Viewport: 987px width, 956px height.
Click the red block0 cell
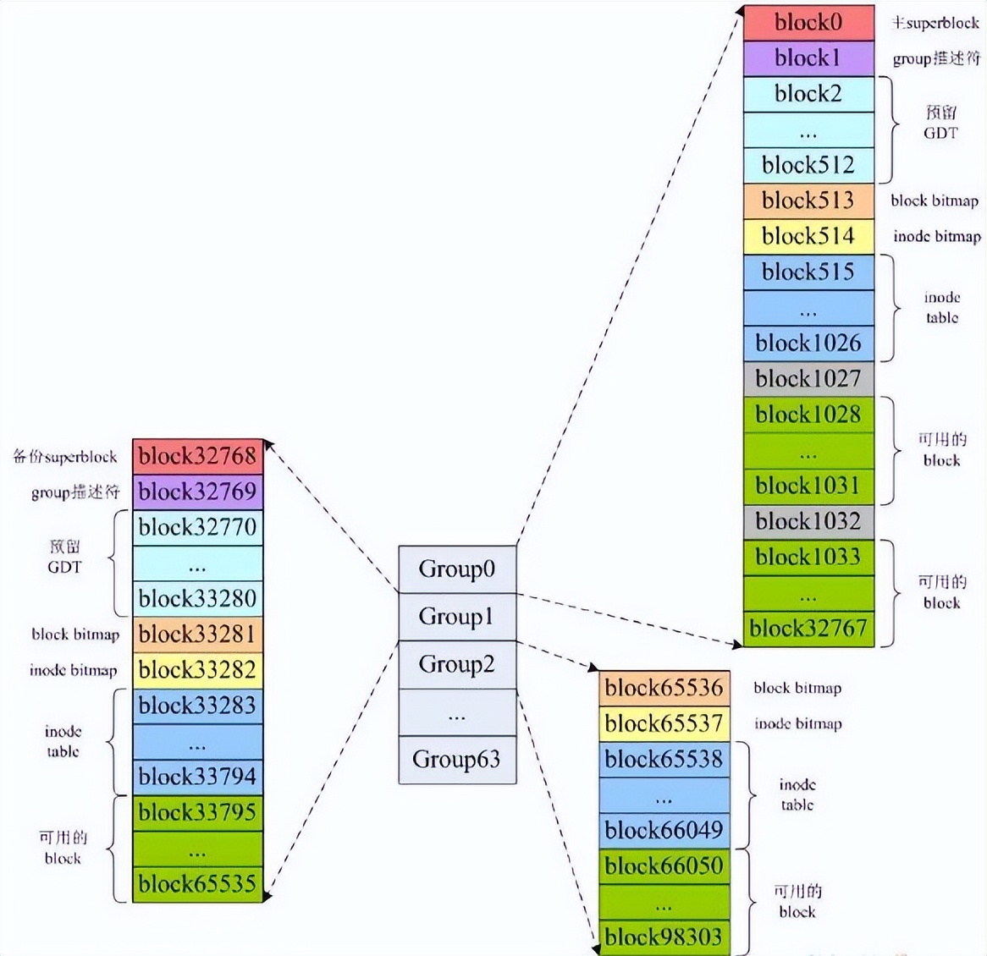coord(808,23)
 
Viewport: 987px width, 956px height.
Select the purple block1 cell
coord(808,58)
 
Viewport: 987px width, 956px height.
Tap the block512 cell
coord(808,165)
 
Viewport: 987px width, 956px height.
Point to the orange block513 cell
coord(808,201)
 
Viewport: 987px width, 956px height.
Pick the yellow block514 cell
coord(808,236)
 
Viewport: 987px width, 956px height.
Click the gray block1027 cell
coord(808,378)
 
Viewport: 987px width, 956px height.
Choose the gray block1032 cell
coord(808,521)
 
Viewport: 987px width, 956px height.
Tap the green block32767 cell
coord(808,628)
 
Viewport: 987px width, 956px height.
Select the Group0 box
coord(457,569)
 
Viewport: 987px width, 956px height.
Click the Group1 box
coord(457,617)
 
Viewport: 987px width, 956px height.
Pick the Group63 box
coord(457,759)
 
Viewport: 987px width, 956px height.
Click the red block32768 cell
coord(197,457)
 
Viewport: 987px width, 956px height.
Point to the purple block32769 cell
coord(197,492)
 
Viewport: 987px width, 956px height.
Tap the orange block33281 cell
coord(197,635)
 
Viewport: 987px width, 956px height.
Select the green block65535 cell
coord(197,884)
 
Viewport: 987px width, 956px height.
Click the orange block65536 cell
coord(664,688)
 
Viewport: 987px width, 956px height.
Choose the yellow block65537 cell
coord(664,723)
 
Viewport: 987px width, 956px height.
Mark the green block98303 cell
coord(664,937)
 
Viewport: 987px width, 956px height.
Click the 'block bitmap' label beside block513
coord(935,201)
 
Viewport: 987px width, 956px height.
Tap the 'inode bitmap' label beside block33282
coord(74,671)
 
